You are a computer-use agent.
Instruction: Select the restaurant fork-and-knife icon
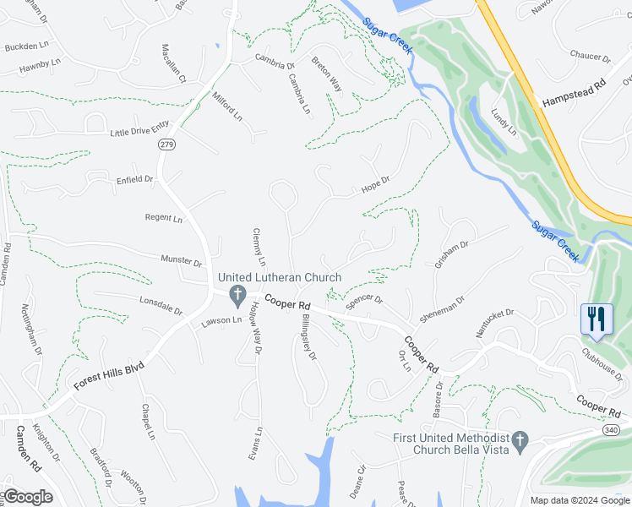point(597,319)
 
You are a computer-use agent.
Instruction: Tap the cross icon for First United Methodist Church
point(520,440)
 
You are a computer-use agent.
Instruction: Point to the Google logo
point(27,497)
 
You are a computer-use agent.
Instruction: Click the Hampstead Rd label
point(574,94)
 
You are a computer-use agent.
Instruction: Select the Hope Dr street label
point(375,183)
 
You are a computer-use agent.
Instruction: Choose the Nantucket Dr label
point(494,324)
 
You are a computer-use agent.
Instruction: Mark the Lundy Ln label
point(504,119)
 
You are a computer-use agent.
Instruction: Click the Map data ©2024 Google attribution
point(578,500)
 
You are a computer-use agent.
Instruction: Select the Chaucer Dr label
point(589,57)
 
